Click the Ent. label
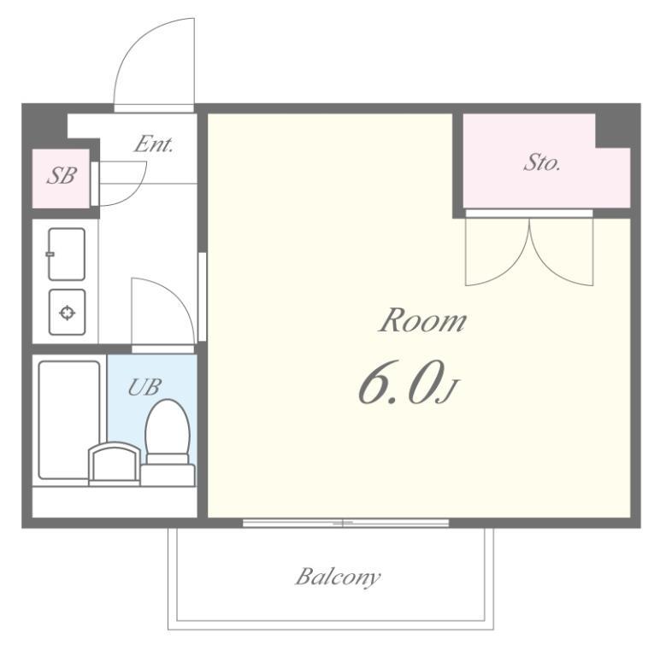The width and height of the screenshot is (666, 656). pos(154,144)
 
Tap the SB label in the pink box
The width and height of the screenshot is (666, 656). pos(62,176)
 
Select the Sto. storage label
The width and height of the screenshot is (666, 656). pos(542,162)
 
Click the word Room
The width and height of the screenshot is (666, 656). pos(422,320)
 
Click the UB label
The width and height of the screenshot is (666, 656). pos(144,387)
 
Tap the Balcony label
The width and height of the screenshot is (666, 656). pos(338,577)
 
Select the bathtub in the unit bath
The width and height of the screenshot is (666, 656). pos(68,419)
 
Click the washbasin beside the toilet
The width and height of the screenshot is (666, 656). pos(114,463)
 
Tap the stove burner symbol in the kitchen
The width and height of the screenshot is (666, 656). pos(67,313)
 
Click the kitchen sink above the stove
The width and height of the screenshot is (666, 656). pos(67,255)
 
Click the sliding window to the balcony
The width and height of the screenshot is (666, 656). pos(345,523)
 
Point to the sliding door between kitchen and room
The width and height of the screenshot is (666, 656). pos(202,296)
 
